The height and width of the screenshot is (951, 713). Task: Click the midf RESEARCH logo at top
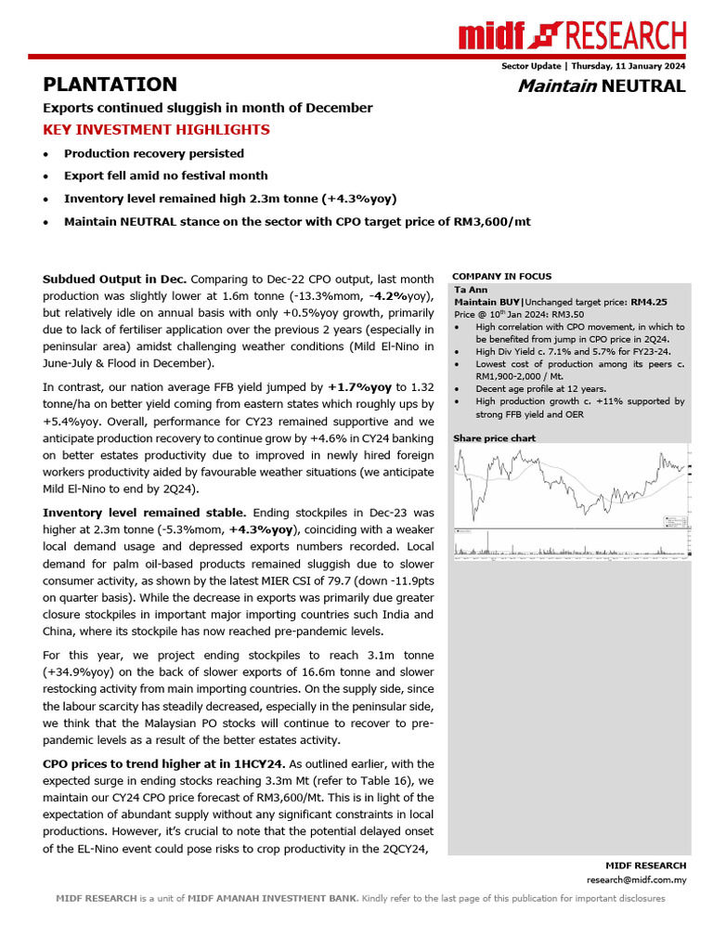point(572,36)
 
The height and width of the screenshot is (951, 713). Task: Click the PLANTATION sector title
point(110,85)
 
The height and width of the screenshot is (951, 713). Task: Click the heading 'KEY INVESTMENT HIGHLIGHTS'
point(157,130)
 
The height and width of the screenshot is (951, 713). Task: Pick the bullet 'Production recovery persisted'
point(154,153)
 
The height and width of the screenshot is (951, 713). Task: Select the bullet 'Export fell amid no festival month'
point(165,176)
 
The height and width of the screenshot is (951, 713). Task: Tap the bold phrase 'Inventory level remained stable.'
point(146,513)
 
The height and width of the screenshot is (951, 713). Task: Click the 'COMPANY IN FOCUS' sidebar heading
point(501,276)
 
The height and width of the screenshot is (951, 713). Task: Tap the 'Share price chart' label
point(494,437)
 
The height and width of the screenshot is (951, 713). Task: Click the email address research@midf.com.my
point(636,879)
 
